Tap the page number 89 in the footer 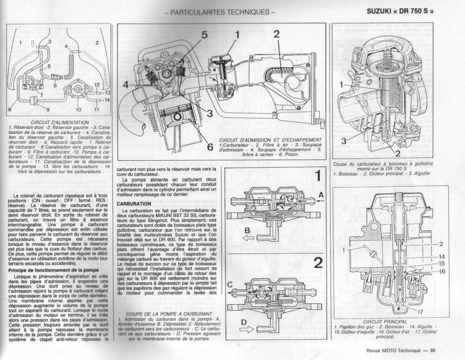[432, 351]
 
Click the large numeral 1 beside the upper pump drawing [318, 176]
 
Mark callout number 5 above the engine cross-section [204, 35]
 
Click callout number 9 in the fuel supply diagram [48, 109]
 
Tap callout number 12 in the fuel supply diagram [96, 85]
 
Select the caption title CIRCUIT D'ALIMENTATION [59, 122]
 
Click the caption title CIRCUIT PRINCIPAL [384, 321]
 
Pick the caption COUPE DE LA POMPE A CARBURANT [169, 314]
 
